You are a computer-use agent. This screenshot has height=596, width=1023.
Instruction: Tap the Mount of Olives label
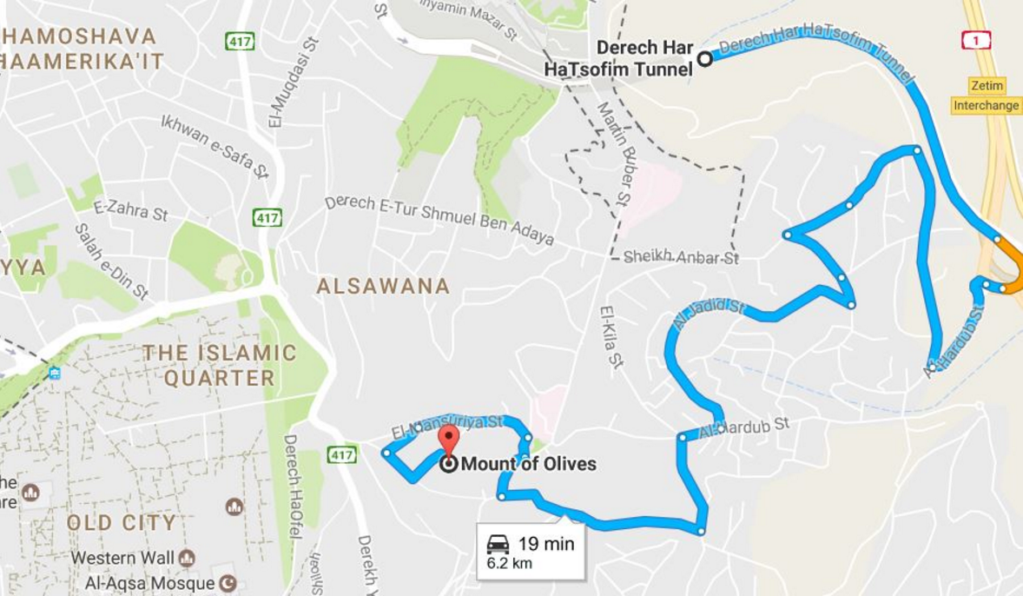click(x=528, y=464)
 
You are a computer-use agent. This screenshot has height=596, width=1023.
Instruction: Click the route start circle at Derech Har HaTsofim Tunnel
click(x=705, y=59)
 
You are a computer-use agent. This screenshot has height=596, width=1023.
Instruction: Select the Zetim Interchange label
click(x=986, y=96)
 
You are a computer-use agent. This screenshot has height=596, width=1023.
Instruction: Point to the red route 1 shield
click(x=976, y=40)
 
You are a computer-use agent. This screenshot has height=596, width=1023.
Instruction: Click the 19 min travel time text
click(x=546, y=544)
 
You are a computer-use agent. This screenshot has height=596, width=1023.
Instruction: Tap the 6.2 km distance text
click(x=509, y=563)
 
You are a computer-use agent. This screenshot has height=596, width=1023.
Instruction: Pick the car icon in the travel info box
click(x=498, y=544)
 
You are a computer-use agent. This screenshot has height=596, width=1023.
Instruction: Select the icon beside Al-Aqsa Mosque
click(x=228, y=582)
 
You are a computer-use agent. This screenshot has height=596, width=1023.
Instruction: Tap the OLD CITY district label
click(x=122, y=523)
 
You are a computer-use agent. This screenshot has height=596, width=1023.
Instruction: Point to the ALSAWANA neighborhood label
click(x=383, y=286)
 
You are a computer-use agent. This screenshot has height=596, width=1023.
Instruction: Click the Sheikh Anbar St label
click(x=682, y=257)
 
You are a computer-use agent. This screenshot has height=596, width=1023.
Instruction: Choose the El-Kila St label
click(x=611, y=337)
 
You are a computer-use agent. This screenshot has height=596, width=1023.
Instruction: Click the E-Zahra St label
click(x=130, y=209)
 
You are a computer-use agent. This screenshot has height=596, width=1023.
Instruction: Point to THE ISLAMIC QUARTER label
click(x=220, y=366)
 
